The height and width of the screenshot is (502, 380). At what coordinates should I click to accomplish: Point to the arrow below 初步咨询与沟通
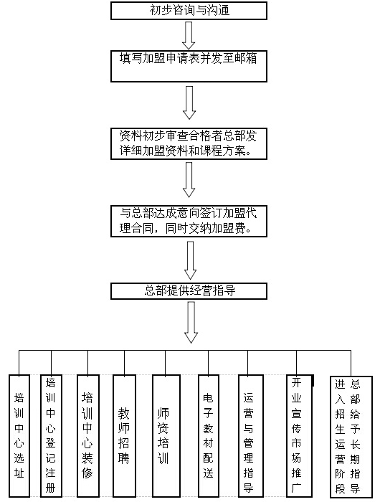[189, 35]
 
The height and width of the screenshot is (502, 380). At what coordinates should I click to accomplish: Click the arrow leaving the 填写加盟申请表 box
[189, 103]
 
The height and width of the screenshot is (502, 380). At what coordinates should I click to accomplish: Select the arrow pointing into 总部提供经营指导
[191, 260]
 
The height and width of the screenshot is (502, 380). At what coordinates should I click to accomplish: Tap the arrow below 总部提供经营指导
[191, 323]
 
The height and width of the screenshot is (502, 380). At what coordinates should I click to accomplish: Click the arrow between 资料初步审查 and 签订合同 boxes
[189, 179]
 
